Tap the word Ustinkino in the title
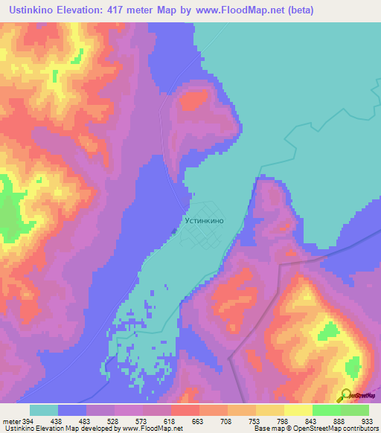[36, 10]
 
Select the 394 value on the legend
[25, 420]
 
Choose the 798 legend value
[284, 420]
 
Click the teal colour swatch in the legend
[44, 410]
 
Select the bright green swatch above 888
[327, 410]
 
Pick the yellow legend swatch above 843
[298, 410]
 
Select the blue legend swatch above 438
[72, 410]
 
